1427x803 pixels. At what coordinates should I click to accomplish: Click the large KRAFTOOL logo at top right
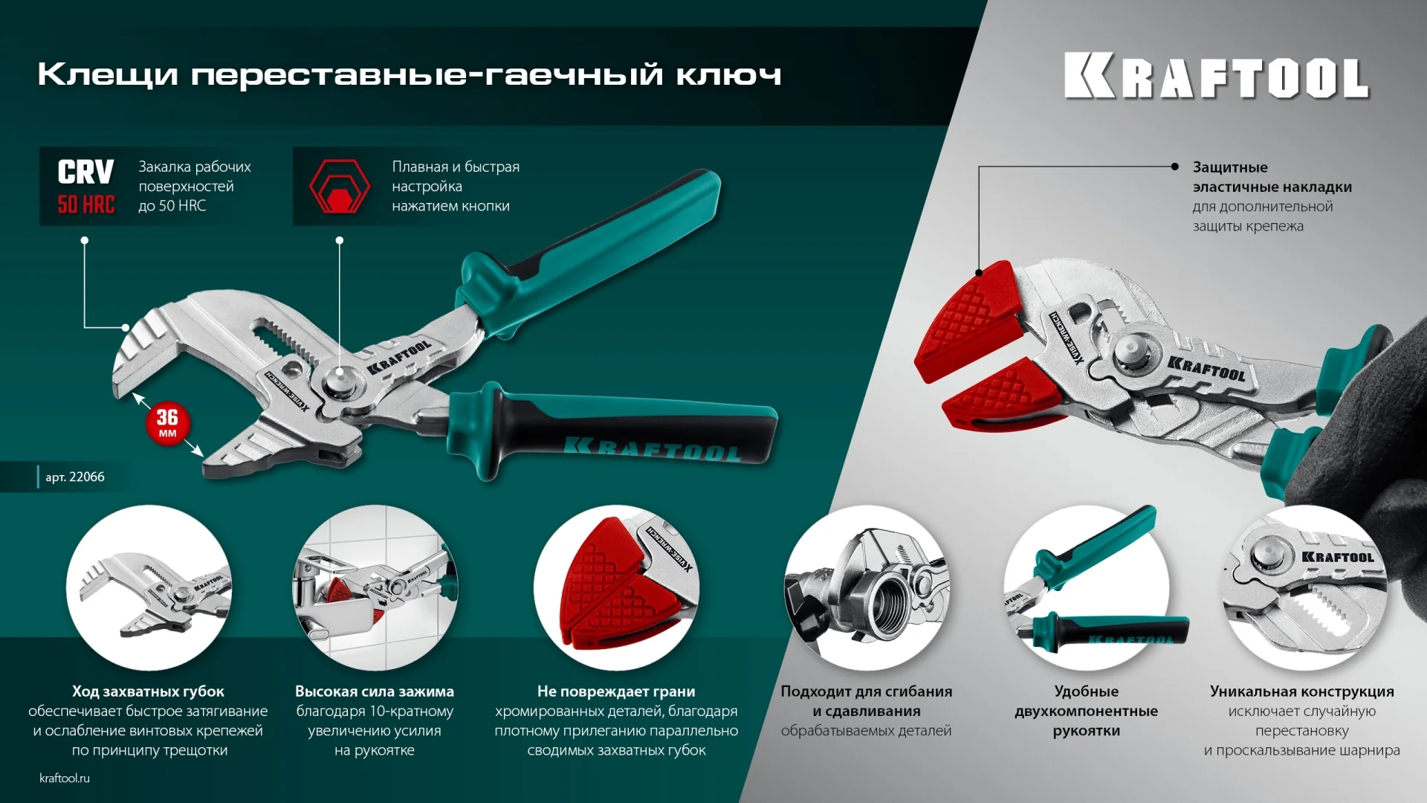1216,76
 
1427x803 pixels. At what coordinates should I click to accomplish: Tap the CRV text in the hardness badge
85,172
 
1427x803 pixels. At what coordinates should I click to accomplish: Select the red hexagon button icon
339,187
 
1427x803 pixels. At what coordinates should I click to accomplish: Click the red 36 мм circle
167,424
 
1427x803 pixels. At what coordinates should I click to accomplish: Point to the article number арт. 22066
74,477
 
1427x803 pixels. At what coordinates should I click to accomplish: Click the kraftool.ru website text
65,778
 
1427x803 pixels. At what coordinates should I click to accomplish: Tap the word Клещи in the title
108,74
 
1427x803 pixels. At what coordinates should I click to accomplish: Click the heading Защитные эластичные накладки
1271,177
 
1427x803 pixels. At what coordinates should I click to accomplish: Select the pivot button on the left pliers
340,377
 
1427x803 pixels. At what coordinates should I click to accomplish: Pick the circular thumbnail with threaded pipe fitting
866,587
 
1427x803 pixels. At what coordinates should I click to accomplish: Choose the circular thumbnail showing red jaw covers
616,587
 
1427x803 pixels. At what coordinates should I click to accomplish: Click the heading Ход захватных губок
148,691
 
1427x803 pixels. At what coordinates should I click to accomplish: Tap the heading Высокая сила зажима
374,691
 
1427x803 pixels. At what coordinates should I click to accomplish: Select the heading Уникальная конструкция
1301,691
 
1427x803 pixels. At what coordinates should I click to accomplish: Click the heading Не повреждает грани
616,691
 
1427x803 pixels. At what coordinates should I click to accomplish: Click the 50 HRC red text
86,204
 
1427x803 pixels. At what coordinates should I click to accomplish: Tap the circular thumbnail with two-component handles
1086,587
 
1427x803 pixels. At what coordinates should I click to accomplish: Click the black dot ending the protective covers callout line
1174,167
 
